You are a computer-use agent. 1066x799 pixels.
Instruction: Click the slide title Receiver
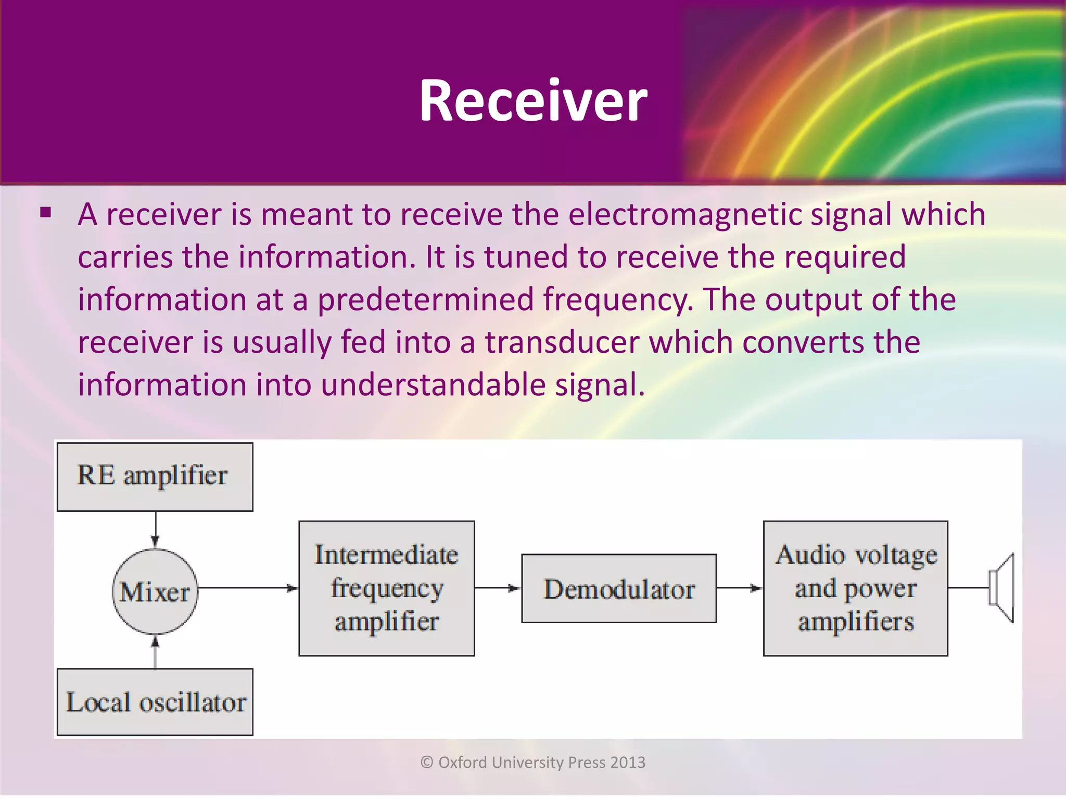pyautogui.click(x=533, y=100)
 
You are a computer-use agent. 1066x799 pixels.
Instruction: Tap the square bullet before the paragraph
pyautogui.click(x=46, y=213)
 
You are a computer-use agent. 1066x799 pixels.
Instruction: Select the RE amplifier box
pyautogui.click(x=155, y=476)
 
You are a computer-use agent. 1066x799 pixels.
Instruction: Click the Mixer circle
pyautogui.click(x=155, y=591)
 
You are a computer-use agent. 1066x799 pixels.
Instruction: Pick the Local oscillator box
pyautogui.click(x=155, y=702)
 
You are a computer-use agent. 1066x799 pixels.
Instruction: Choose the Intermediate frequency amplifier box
pyautogui.click(x=386, y=588)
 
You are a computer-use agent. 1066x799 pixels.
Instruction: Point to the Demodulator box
pyautogui.click(x=619, y=588)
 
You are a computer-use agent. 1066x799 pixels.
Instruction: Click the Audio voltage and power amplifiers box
pyautogui.click(x=855, y=588)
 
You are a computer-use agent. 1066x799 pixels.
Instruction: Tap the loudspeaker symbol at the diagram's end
pyautogui.click(x=1002, y=588)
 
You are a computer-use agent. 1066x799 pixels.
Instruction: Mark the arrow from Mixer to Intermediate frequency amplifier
pyautogui.click(x=248, y=588)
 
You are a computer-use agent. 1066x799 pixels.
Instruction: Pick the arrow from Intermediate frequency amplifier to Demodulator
pyautogui.click(x=498, y=588)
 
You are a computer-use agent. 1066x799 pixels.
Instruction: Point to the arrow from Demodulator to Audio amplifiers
pyautogui.click(x=740, y=588)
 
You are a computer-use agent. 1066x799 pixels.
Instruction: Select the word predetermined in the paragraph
pyautogui.click(x=425, y=300)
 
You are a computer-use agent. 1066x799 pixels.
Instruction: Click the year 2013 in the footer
pyautogui.click(x=628, y=763)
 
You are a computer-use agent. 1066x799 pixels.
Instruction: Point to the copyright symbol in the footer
pyautogui.click(x=427, y=763)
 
